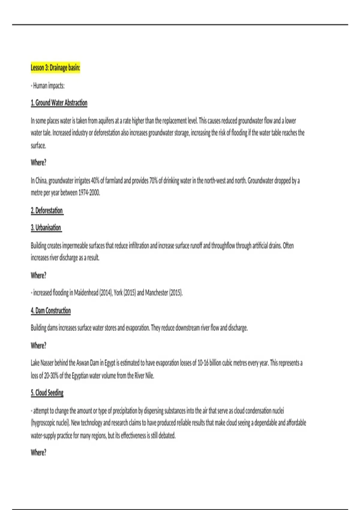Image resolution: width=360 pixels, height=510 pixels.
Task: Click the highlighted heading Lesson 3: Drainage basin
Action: click(x=55, y=68)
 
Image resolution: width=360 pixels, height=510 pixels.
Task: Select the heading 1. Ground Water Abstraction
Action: click(x=59, y=103)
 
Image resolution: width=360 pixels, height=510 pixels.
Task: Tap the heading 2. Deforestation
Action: click(x=47, y=211)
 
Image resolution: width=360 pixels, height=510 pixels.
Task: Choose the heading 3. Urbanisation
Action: click(x=46, y=228)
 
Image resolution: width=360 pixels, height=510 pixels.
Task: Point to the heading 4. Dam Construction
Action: click(x=51, y=311)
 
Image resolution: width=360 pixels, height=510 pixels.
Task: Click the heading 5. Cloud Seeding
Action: click(x=47, y=393)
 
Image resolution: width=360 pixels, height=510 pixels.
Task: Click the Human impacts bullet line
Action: click(x=48, y=86)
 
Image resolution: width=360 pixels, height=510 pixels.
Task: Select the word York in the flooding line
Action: click(x=118, y=293)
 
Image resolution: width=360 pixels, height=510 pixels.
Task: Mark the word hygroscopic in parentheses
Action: click(x=43, y=423)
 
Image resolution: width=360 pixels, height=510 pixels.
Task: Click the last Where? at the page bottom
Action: click(x=38, y=453)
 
